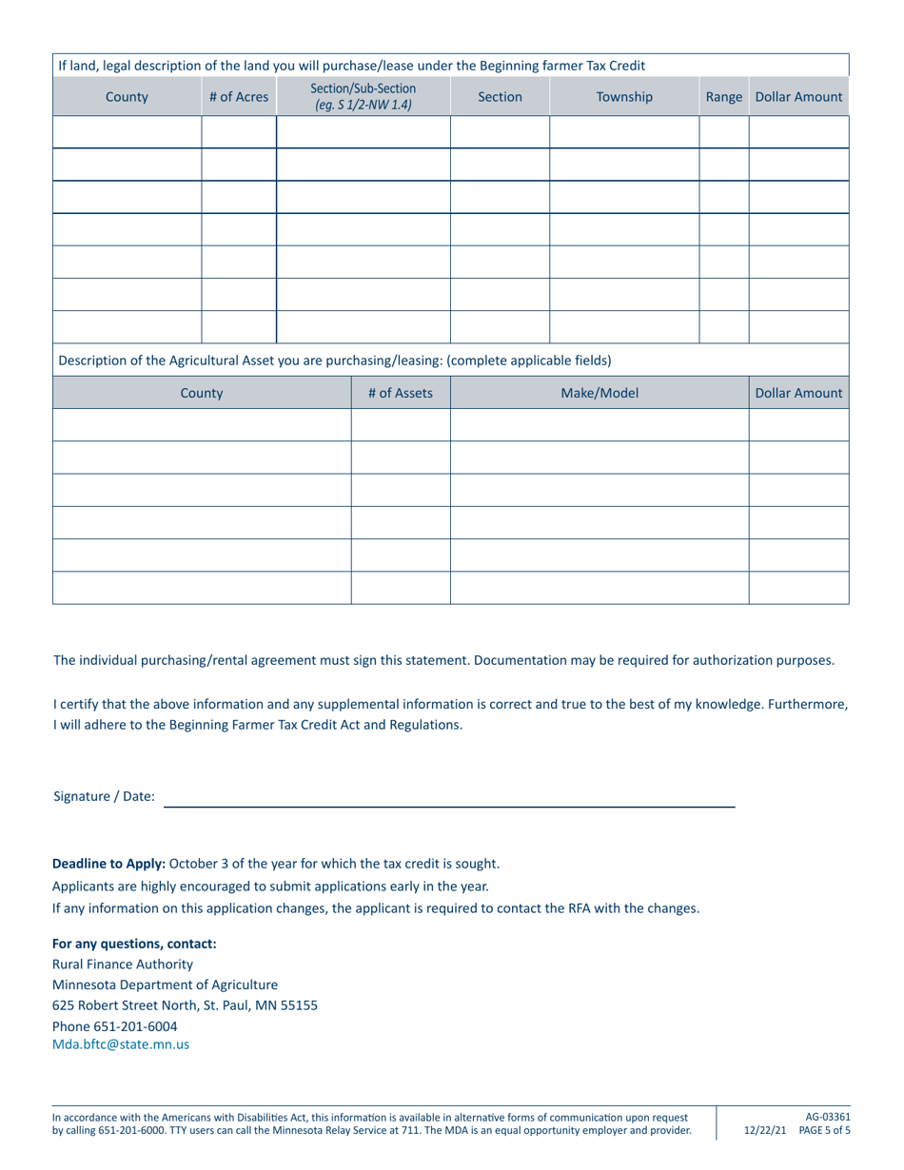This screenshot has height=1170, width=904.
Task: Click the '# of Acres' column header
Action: click(239, 96)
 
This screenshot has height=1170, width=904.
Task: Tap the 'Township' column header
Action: click(624, 96)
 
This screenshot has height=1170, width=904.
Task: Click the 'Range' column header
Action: click(723, 96)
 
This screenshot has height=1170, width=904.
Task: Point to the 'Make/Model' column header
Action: click(599, 391)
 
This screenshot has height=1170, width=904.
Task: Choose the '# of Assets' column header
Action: click(401, 391)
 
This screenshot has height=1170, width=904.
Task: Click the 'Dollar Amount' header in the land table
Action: click(798, 96)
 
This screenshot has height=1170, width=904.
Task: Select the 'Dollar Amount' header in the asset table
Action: click(798, 391)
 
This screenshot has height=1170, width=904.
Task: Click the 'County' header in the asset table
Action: click(202, 391)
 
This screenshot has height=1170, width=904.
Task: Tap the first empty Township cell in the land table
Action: click(624, 131)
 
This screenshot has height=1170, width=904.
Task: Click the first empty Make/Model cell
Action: click(599, 425)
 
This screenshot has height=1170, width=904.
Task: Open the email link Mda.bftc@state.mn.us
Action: click(121, 1043)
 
